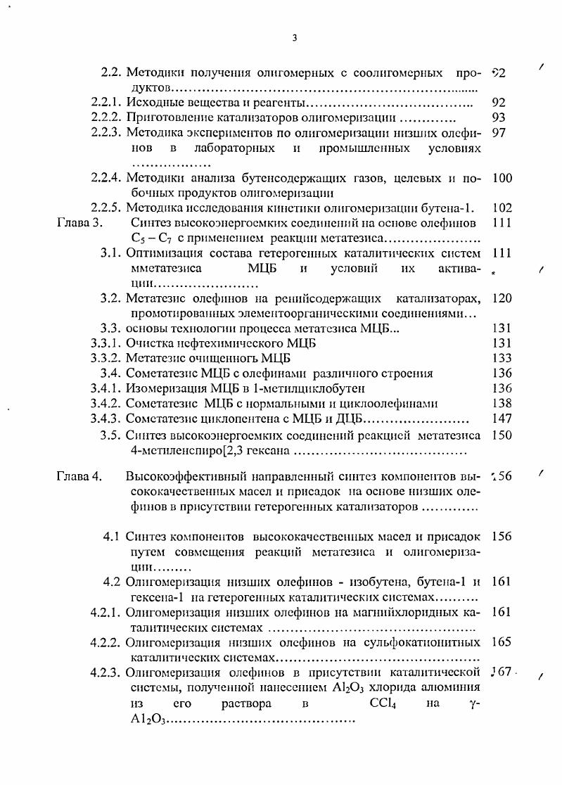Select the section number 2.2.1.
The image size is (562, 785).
(106, 103)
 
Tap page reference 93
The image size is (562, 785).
(499, 117)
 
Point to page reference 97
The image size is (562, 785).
(499, 133)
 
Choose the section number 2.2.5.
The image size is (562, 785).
(106, 208)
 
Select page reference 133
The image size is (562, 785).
(502, 357)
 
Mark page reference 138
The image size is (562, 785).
(502, 403)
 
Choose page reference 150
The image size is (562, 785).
(502, 435)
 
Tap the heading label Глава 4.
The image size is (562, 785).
(79, 476)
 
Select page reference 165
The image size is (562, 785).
(502, 642)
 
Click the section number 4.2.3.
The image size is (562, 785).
(106, 672)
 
